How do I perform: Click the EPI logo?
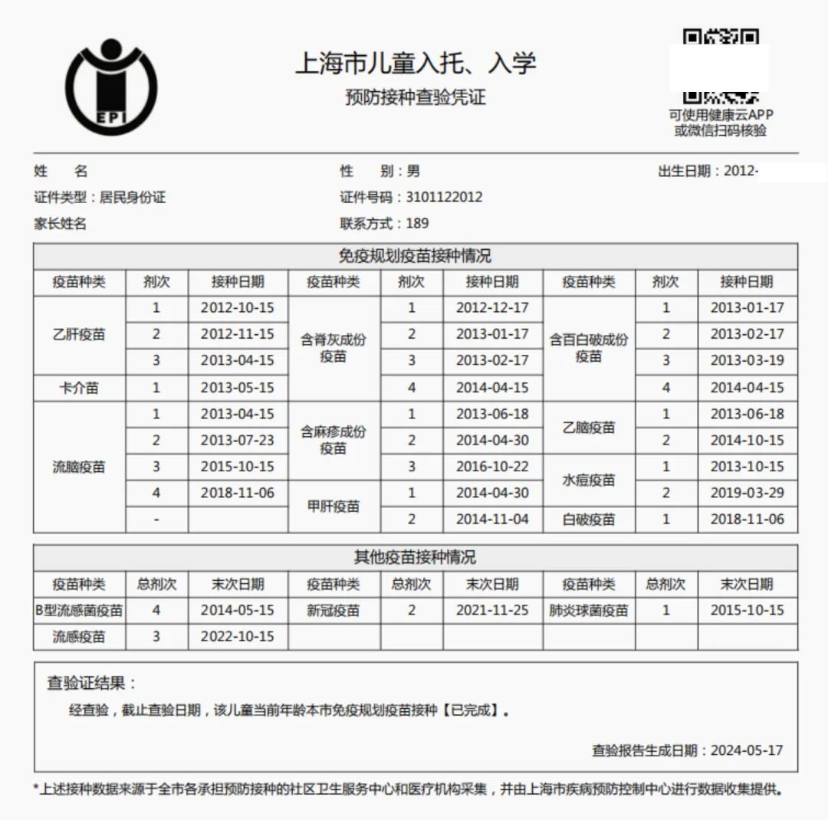[111, 86]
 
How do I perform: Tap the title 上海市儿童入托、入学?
[416, 64]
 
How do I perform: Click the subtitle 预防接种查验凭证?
[416, 98]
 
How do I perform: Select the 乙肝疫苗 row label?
[79, 334]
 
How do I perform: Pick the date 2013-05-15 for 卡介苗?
[237, 388]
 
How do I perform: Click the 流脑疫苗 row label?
[79, 467]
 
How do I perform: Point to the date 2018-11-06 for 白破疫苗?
[747, 519]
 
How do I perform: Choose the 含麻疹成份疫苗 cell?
[333, 440]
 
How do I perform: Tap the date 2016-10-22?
[492, 467]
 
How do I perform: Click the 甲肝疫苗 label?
[333, 507]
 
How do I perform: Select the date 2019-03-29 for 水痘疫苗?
[747, 493]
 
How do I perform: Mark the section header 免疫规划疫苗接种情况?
[415, 256]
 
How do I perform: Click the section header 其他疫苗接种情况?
[415, 557]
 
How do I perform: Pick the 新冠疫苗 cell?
[333, 611]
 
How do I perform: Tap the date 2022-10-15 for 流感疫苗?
[237, 637]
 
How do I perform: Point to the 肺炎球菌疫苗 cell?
[589, 611]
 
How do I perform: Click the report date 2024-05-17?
[746, 750]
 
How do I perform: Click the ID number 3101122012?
[444, 197]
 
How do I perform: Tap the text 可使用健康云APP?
[721, 115]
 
